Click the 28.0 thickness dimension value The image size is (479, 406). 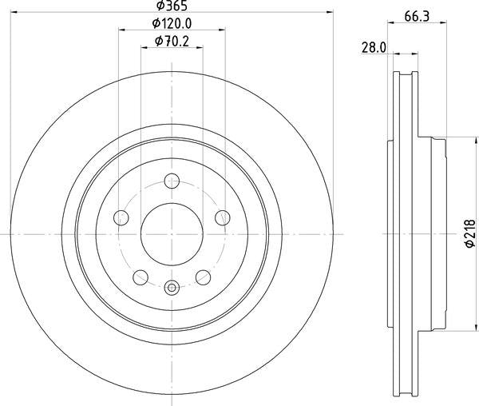tap(374, 48)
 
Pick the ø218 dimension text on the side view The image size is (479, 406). tap(470, 234)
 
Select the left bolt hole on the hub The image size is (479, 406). tap(121, 217)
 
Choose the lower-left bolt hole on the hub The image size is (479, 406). tap(141, 277)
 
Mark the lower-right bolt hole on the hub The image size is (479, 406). tap(203, 277)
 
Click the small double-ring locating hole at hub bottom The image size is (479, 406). tap(172, 289)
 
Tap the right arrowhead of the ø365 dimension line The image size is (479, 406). tap(327, 12)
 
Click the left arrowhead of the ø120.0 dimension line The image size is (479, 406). tap(122, 30)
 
